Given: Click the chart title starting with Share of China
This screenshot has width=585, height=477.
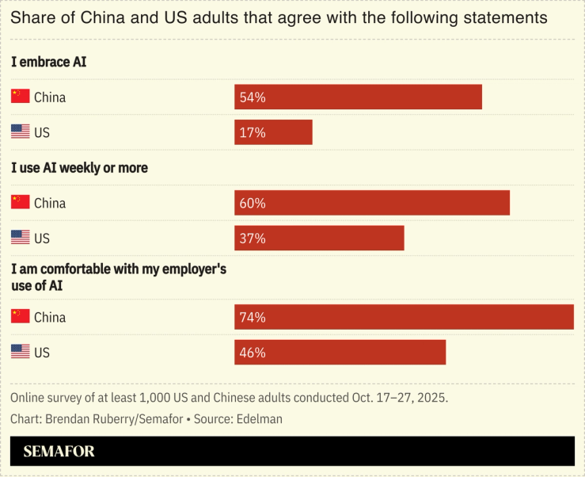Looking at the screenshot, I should click(279, 17).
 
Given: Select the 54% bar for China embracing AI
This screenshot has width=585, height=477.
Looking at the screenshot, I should click(358, 97).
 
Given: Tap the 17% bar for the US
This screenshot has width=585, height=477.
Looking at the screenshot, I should click(273, 132).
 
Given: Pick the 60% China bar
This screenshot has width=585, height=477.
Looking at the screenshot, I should click(371, 203).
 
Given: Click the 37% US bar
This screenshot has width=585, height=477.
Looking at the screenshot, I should click(319, 238).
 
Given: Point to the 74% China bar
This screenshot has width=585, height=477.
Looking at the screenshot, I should click(404, 317).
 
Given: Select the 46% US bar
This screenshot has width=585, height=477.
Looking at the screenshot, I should click(340, 353).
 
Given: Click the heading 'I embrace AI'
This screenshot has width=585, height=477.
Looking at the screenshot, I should click(48, 62).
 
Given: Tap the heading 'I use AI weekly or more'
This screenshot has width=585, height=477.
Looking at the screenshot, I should click(79, 168).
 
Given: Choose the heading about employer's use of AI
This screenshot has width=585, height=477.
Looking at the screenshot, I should click(119, 277).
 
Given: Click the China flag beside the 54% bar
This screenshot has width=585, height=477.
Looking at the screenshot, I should click(21, 97).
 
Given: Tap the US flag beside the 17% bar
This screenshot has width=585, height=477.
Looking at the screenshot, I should click(21, 132).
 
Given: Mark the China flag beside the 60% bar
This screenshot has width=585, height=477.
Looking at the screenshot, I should click(21, 202).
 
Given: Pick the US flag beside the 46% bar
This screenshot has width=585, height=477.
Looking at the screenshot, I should click(21, 352).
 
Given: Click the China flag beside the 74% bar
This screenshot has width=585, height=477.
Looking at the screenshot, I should click(21, 316).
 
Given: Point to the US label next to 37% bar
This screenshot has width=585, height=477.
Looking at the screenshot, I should click(41, 238).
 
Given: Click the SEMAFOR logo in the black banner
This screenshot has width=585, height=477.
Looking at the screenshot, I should click(59, 452).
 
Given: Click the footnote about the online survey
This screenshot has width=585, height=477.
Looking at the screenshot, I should click(230, 397).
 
